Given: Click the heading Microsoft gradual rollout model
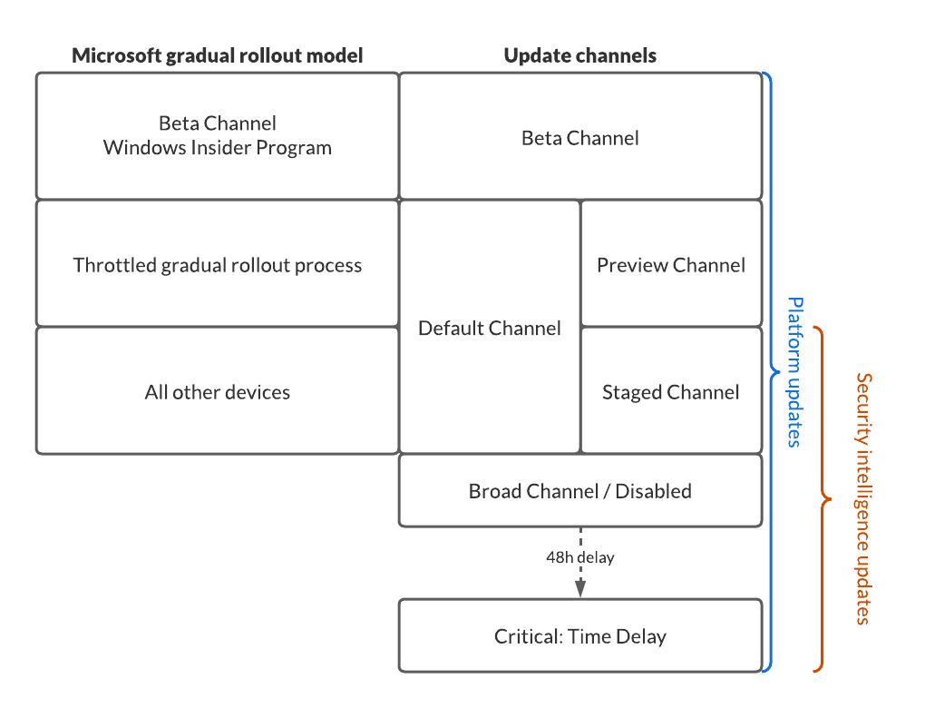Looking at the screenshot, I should (x=218, y=55).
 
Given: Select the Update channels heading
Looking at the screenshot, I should (x=580, y=55).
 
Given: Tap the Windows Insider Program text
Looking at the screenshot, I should (x=218, y=147).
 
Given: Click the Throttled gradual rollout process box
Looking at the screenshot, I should (x=218, y=264).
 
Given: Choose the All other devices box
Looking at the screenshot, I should (x=218, y=391).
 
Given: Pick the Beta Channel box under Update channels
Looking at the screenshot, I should (x=580, y=137).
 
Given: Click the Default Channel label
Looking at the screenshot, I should (x=490, y=328).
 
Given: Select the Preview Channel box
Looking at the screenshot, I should (x=671, y=264).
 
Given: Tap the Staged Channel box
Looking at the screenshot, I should (x=671, y=391).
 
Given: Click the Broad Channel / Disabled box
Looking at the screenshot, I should (x=580, y=491).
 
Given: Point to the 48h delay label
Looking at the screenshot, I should (x=580, y=557).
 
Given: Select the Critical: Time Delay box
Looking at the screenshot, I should (x=580, y=636).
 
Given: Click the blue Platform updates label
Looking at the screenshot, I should (x=794, y=372).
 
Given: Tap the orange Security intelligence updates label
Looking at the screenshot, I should (x=863, y=498).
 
